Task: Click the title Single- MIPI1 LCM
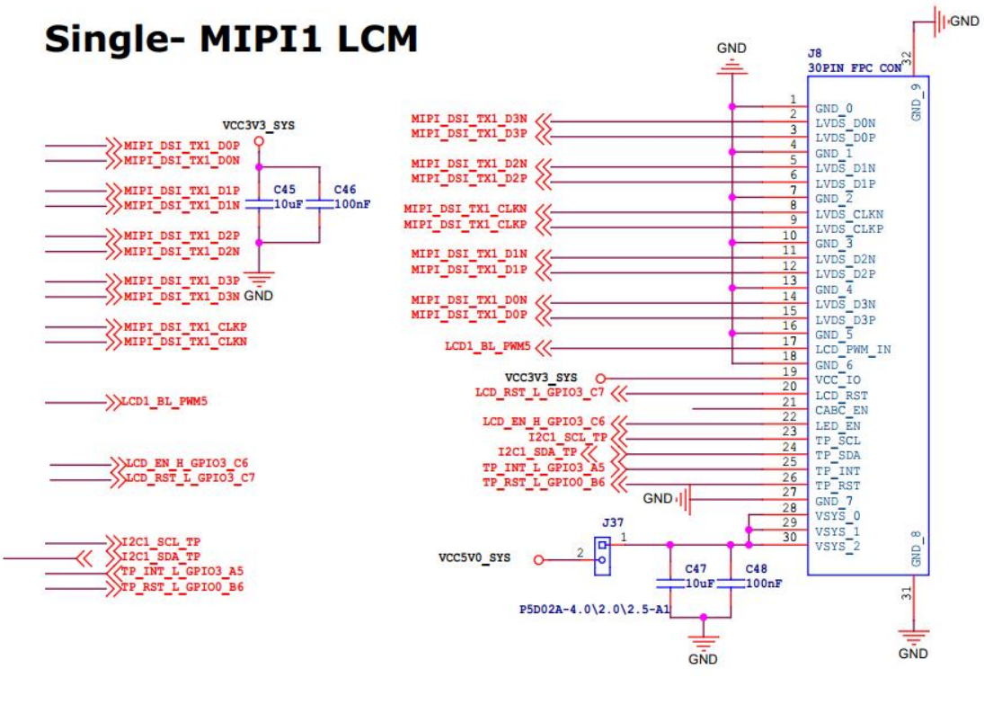(x=231, y=40)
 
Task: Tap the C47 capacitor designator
(x=696, y=569)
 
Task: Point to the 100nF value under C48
(x=763, y=584)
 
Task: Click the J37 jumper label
(x=614, y=521)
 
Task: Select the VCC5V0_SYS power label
(x=474, y=558)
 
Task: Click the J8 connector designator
(x=815, y=53)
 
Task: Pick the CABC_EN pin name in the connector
(x=842, y=410)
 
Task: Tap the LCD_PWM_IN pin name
(x=853, y=349)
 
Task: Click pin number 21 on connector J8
(x=790, y=401)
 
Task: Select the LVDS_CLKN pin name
(x=848, y=214)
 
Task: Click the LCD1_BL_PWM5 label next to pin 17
(x=488, y=346)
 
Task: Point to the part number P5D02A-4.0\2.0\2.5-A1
(x=595, y=609)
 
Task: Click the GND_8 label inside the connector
(x=917, y=549)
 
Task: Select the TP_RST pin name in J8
(x=838, y=486)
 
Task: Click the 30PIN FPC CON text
(x=853, y=67)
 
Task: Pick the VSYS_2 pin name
(x=838, y=547)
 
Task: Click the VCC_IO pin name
(x=838, y=379)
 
